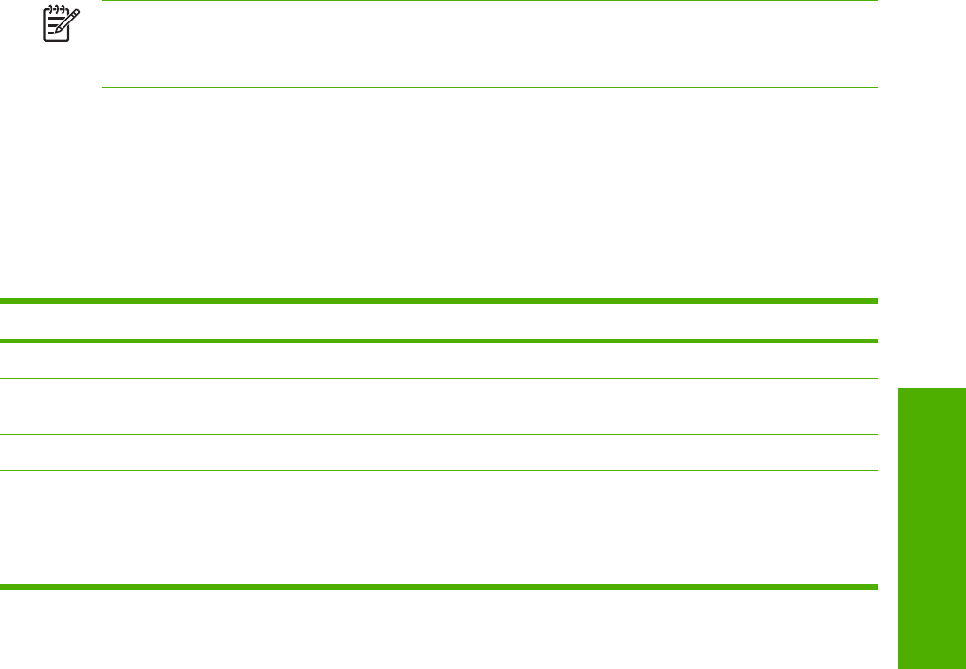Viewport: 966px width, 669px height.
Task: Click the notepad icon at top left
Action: pos(59,24)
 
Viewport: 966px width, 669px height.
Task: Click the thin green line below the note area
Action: pos(488,88)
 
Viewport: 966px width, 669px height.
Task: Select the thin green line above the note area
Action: pos(488,1)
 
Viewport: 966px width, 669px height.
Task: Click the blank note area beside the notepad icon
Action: pos(488,44)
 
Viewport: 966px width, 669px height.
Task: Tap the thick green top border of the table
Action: pos(439,301)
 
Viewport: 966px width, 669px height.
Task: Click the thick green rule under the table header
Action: pos(439,341)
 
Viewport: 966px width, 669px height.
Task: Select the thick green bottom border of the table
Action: pos(439,586)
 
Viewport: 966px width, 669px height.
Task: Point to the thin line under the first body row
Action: pos(439,379)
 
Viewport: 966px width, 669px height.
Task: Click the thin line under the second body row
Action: pos(439,435)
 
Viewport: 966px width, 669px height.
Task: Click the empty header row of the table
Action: pos(439,320)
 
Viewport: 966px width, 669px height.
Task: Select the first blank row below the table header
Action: pos(439,359)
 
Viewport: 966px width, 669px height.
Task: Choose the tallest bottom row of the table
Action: pos(439,528)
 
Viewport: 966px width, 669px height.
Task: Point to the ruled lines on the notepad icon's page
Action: pos(55,27)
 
